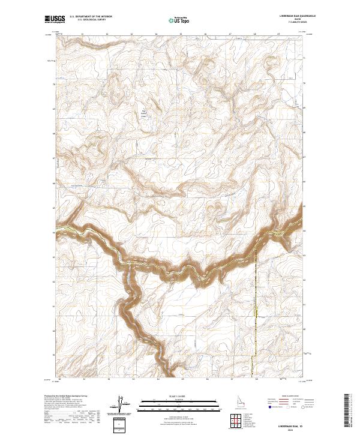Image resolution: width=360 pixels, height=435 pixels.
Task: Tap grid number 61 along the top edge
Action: pos(82,34)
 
